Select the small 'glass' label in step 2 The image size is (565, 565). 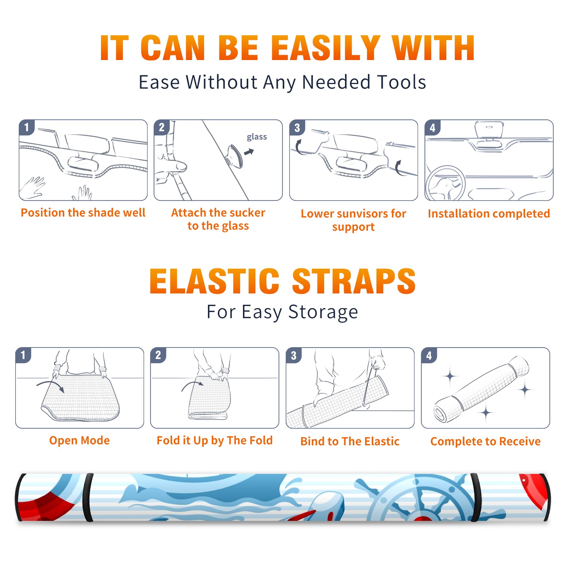(257, 137)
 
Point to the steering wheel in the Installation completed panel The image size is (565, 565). (445, 183)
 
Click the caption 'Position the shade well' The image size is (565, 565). (83, 213)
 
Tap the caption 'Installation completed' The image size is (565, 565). (489, 214)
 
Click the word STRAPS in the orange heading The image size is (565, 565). (354, 281)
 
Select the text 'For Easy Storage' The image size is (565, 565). (282, 312)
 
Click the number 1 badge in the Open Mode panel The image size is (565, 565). (23, 355)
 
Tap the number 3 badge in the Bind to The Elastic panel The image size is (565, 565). (294, 355)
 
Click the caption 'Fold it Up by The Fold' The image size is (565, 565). (215, 440)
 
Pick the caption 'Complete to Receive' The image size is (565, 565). (486, 441)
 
